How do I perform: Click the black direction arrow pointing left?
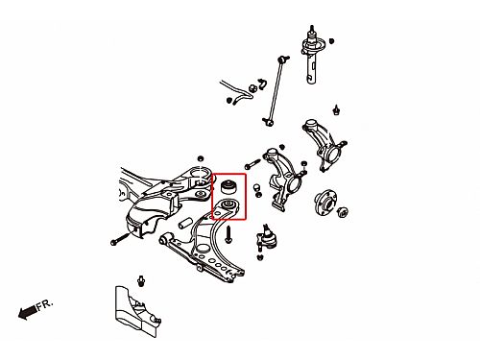(27, 312)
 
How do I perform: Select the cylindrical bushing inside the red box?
(229, 187)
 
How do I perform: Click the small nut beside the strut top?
(331, 41)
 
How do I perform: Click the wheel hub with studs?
(324, 203)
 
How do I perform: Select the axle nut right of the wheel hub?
(343, 212)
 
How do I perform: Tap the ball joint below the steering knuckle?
(266, 238)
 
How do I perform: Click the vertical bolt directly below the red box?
(228, 234)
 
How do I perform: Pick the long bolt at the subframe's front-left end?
(121, 239)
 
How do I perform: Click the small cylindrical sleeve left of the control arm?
(185, 223)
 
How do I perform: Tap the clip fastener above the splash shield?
(141, 281)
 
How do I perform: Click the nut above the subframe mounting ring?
(201, 158)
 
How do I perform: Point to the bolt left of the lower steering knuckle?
(252, 164)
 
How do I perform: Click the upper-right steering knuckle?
(324, 145)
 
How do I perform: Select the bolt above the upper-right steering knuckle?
(336, 109)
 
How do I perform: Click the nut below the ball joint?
(260, 256)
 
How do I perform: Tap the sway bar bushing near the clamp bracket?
(252, 88)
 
